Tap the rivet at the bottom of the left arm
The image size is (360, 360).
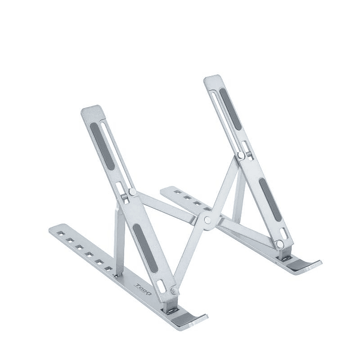[x=174, y=290]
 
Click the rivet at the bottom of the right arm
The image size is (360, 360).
[x=280, y=244]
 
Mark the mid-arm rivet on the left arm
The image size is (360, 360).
[x=132, y=191]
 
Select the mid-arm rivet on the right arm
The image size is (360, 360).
[x=241, y=156]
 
